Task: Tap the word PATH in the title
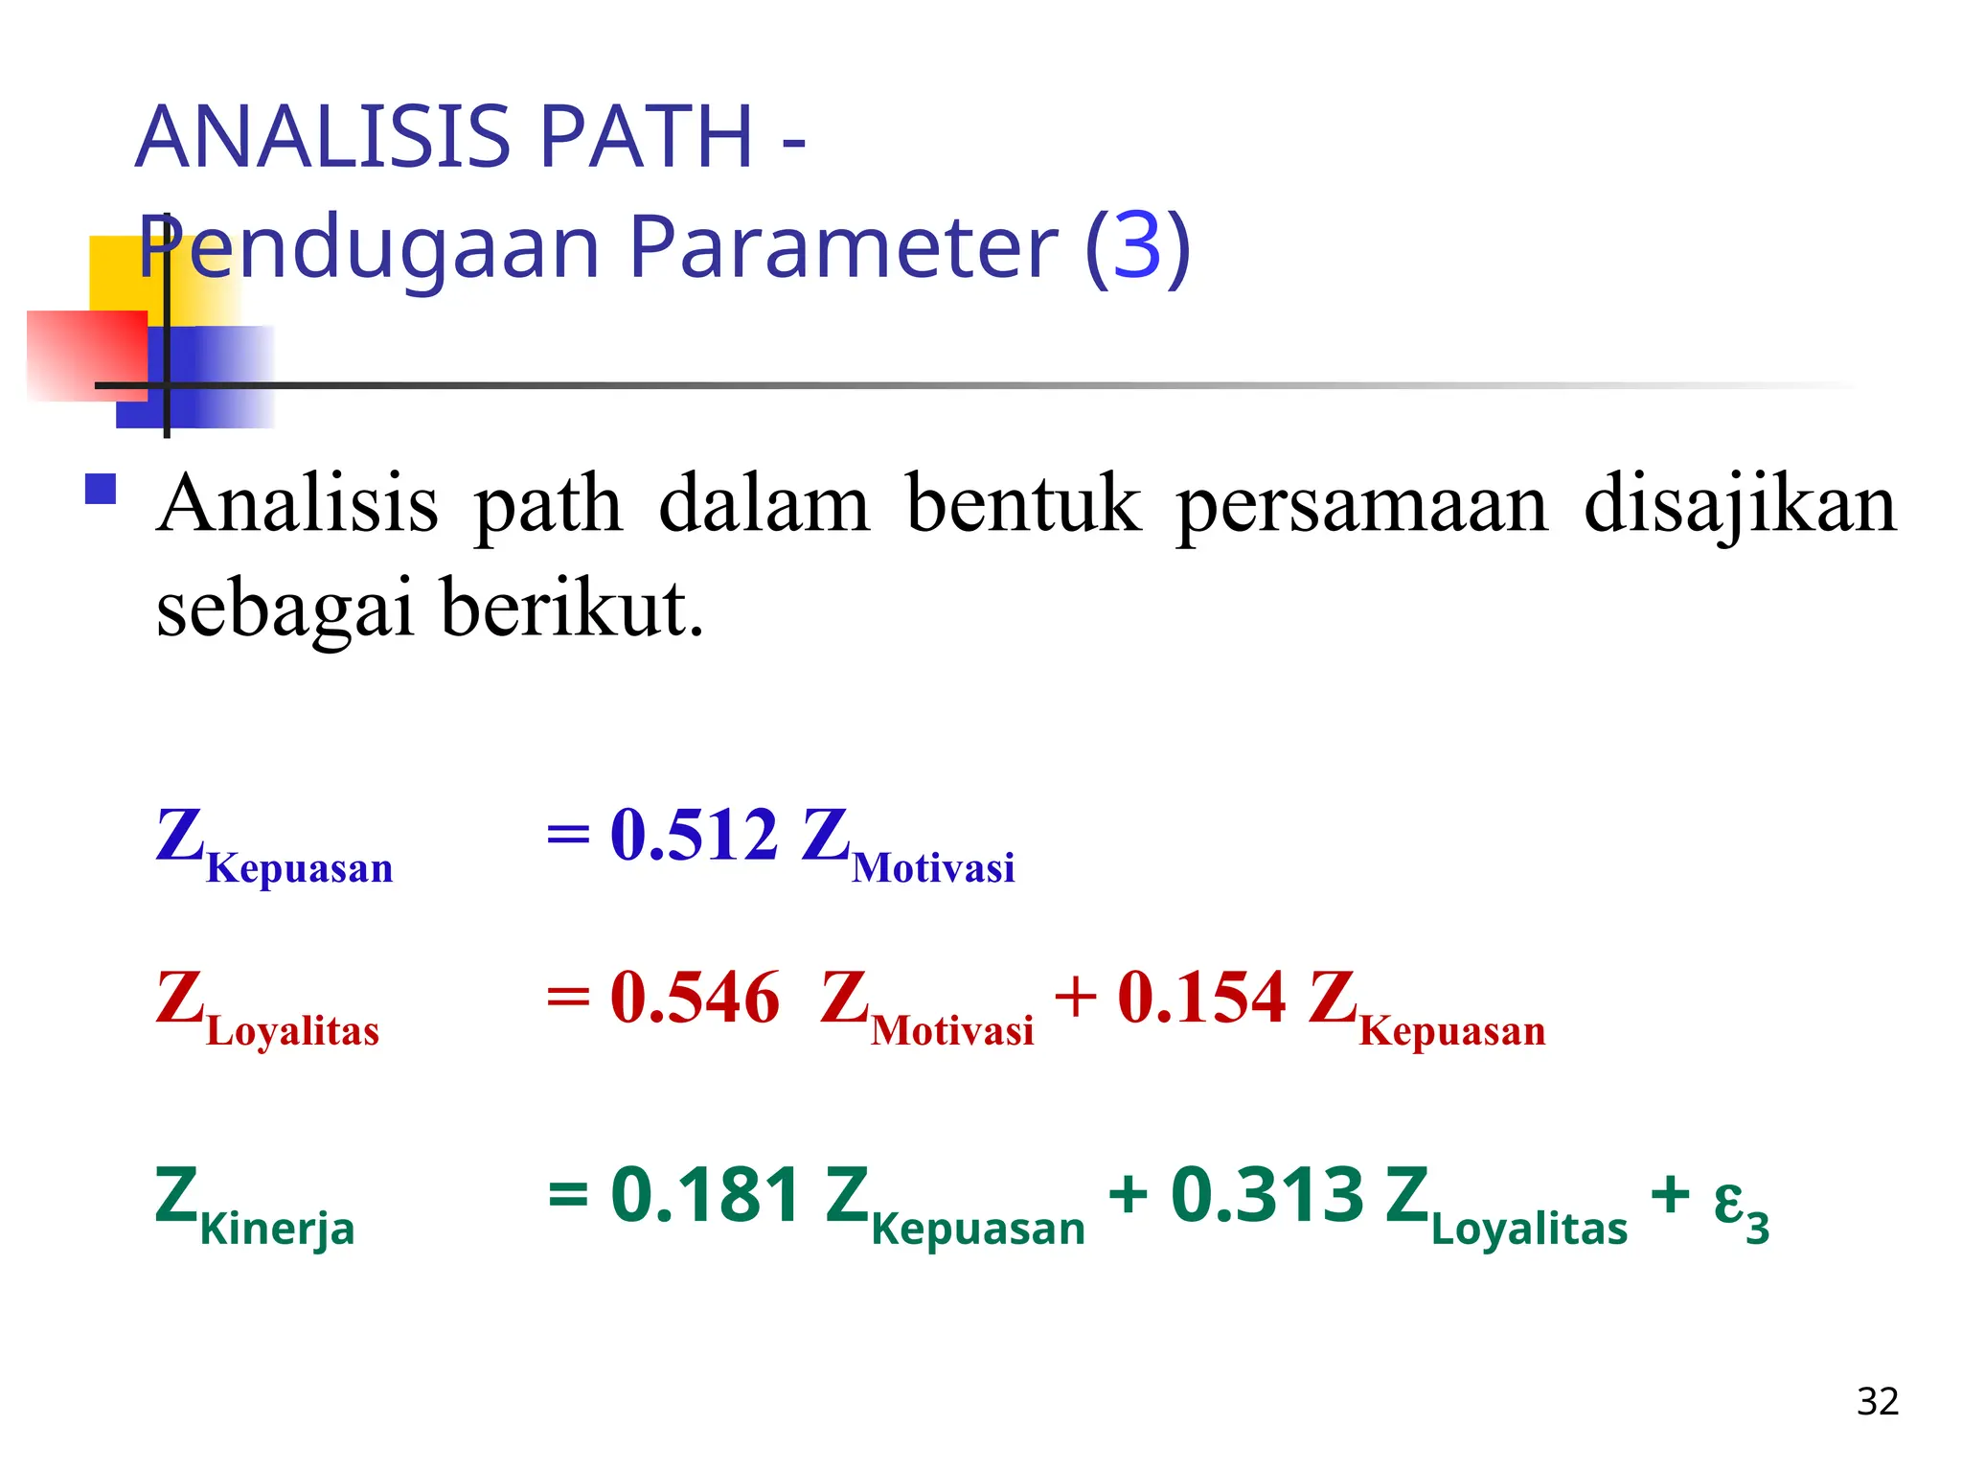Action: [x=648, y=137]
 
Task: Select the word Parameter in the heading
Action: [x=842, y=247]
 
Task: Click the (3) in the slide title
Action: [x=1137, y=247]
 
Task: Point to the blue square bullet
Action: [x=101, y=490]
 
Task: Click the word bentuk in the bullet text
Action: [x=1023, y=505]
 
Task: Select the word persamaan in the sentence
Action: [x=1361, y=505]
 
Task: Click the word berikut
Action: [x=573, y=609]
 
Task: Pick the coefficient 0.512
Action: [x=694, y=835]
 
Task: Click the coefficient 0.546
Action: [x=695, y=998]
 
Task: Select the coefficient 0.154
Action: [x=1201, y=998]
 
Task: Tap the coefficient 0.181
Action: [x=705, y=1195]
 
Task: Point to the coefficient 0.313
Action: [x=1266, y=1195]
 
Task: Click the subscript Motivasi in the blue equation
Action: [x=933, y=868]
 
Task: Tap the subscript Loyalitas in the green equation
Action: [x=1529, y=1229]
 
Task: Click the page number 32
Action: [x=1877, y=1402]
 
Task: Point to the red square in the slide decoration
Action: [x=86, y=355]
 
